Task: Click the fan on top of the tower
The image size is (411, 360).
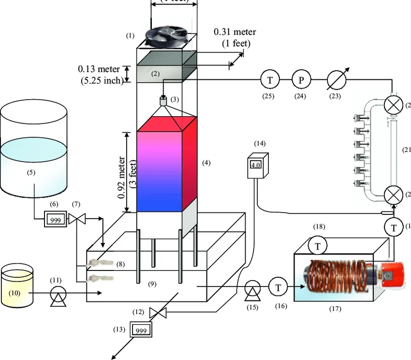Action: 167,36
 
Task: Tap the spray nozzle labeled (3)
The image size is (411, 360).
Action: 163,102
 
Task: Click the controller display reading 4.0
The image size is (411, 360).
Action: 255,165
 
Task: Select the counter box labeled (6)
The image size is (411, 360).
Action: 55,219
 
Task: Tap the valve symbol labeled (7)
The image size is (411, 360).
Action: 76,219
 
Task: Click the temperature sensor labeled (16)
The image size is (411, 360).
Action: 279,287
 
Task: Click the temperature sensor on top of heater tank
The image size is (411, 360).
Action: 318,246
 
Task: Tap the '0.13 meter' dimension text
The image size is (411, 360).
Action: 99,69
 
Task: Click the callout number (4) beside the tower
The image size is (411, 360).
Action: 206,163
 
